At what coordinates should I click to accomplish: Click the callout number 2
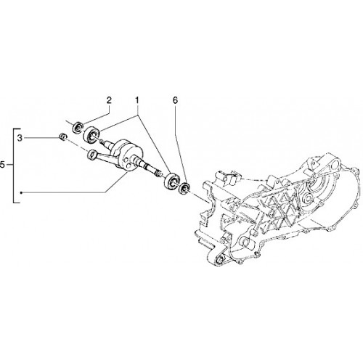pos(109,100)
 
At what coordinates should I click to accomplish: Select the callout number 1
pos(137,100)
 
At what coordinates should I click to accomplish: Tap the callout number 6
pos(175,100)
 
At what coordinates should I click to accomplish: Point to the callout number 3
pos(20,139)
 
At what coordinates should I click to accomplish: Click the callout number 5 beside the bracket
pos(2,165)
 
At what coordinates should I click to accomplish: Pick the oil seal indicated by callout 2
pos(78,127)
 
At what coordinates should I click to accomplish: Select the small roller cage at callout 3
pos(62,137)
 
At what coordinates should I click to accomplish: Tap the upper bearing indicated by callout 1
pos(92,134)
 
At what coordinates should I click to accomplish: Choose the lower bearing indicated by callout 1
pos(171,181)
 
